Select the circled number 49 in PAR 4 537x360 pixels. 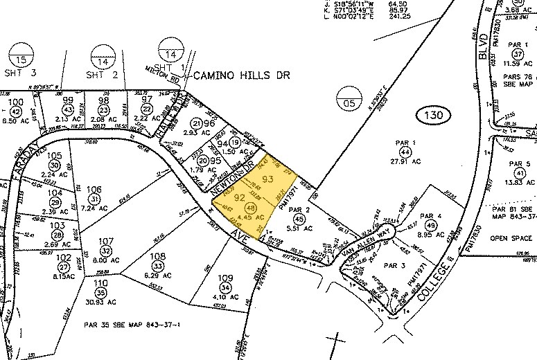431,226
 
